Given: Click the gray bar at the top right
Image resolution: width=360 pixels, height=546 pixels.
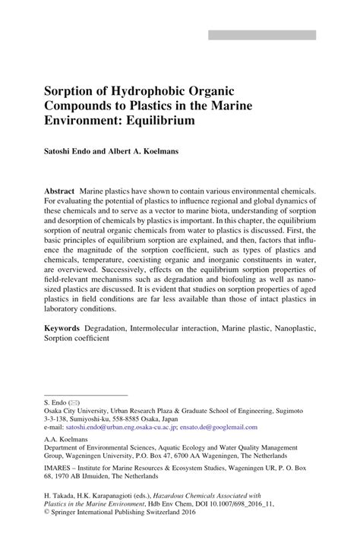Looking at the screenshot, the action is (x=262, y=35).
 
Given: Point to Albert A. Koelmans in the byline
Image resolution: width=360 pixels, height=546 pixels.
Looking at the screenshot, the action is (x=146, y=150).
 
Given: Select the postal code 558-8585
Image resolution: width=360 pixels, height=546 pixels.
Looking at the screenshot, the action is (x=140, y=418).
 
